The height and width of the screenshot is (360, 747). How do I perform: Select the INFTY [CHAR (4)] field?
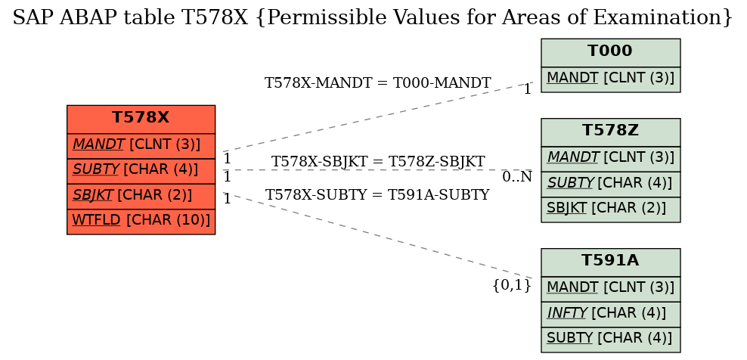(x=610, y=314)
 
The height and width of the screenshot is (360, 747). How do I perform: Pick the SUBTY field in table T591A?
(x=610, y=340)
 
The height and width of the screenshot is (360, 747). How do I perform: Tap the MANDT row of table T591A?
(x=610, y=289)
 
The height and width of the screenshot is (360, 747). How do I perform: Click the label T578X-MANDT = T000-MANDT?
(x=377, y=83)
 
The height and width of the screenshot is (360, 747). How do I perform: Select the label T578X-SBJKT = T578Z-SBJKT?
(x=378, y=162)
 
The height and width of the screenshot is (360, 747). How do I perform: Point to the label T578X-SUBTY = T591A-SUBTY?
(x=377, y=194)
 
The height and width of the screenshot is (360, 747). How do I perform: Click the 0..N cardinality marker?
(x=517, y=177)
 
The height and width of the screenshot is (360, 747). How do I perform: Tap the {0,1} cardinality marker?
(x=512, y=285)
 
